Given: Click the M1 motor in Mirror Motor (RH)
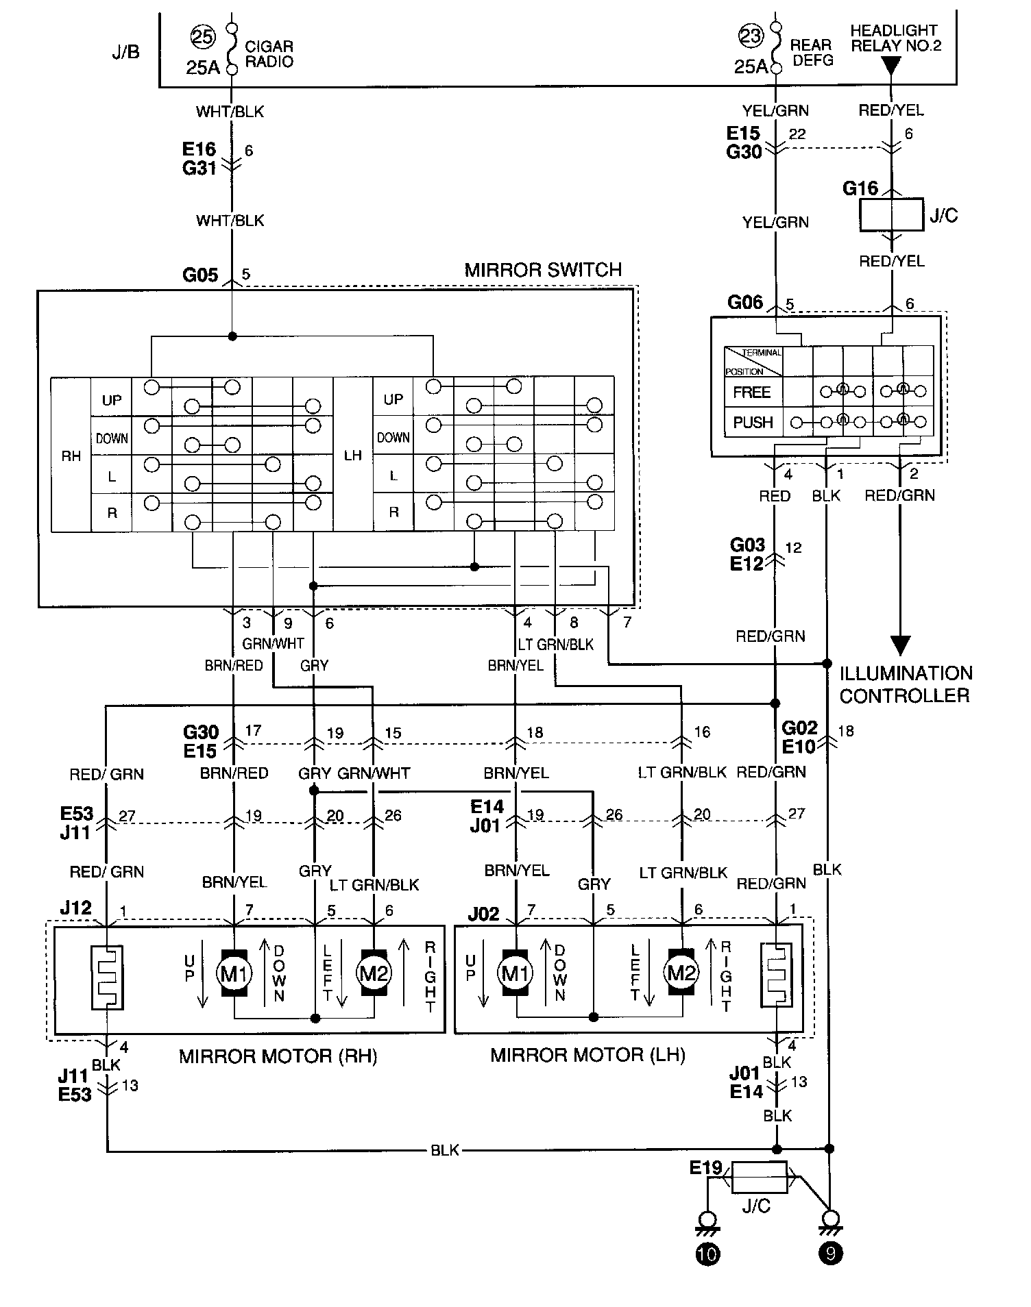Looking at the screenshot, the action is click(234, 973).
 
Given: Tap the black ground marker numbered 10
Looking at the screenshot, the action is click(707, 1254).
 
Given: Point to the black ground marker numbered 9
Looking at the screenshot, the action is click(830, 1254).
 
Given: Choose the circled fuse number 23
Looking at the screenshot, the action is click(751, 36).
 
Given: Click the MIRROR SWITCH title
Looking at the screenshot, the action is click(543, 270).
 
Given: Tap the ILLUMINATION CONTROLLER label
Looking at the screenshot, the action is click(906, 684).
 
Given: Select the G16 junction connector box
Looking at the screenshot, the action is click(891, 214).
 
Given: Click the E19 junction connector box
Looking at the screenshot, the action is click(760, 1178).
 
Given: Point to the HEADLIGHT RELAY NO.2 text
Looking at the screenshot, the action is click(895, 38).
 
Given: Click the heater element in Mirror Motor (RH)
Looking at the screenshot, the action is click(107, 977).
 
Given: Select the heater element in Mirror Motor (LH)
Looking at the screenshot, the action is click(776, 975).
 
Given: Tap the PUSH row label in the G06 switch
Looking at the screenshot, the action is click(753, 423).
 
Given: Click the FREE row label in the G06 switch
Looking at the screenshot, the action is click(752, 392).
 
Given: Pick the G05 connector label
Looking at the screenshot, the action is click(200, 275).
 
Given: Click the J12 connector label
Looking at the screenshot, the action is click(75, 908).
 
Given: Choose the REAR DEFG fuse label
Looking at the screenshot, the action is click(812, 53).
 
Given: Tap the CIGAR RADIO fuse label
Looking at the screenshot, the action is click(269, 54).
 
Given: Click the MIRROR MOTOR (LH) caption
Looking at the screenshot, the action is click(588, 1055).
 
